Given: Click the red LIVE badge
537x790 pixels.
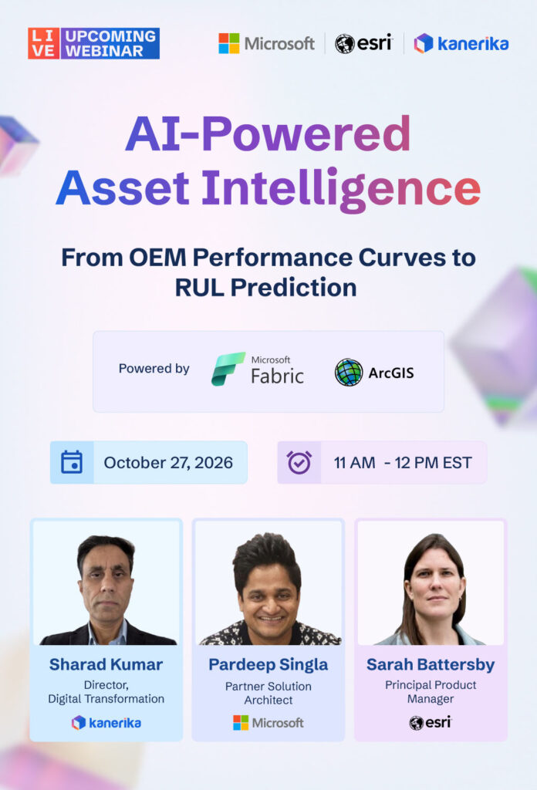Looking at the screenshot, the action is (43, 43).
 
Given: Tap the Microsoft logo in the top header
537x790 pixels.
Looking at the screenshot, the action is (266, 44).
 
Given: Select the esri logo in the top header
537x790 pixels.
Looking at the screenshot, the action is (363, 43).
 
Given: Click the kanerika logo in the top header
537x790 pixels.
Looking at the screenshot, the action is (461, 43).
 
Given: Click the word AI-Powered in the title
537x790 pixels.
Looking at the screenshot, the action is (268, 133).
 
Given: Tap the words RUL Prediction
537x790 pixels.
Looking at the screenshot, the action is (265, 288).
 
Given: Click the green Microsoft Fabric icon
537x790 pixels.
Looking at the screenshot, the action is (228, 369).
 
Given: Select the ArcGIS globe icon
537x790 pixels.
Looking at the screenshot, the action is (349, 373).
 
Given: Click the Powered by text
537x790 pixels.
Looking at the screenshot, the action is (154, 369).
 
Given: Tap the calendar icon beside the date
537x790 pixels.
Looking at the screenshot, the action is (72, 462).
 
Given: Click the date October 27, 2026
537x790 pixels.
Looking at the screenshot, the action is (168, 463).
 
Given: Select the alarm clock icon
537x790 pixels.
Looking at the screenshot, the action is (299, 462).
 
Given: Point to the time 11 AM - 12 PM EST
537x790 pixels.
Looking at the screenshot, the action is (403, 463).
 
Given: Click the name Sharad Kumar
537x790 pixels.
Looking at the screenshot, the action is (106, 664).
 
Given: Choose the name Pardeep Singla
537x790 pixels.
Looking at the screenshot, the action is (268, 665).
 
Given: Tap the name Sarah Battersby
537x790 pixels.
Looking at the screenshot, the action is (431, 665).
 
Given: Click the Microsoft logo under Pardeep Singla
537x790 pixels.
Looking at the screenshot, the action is (268, 722).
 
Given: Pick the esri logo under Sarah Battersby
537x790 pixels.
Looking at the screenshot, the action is (431, 722).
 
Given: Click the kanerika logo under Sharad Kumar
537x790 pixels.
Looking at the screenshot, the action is (106, 722).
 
